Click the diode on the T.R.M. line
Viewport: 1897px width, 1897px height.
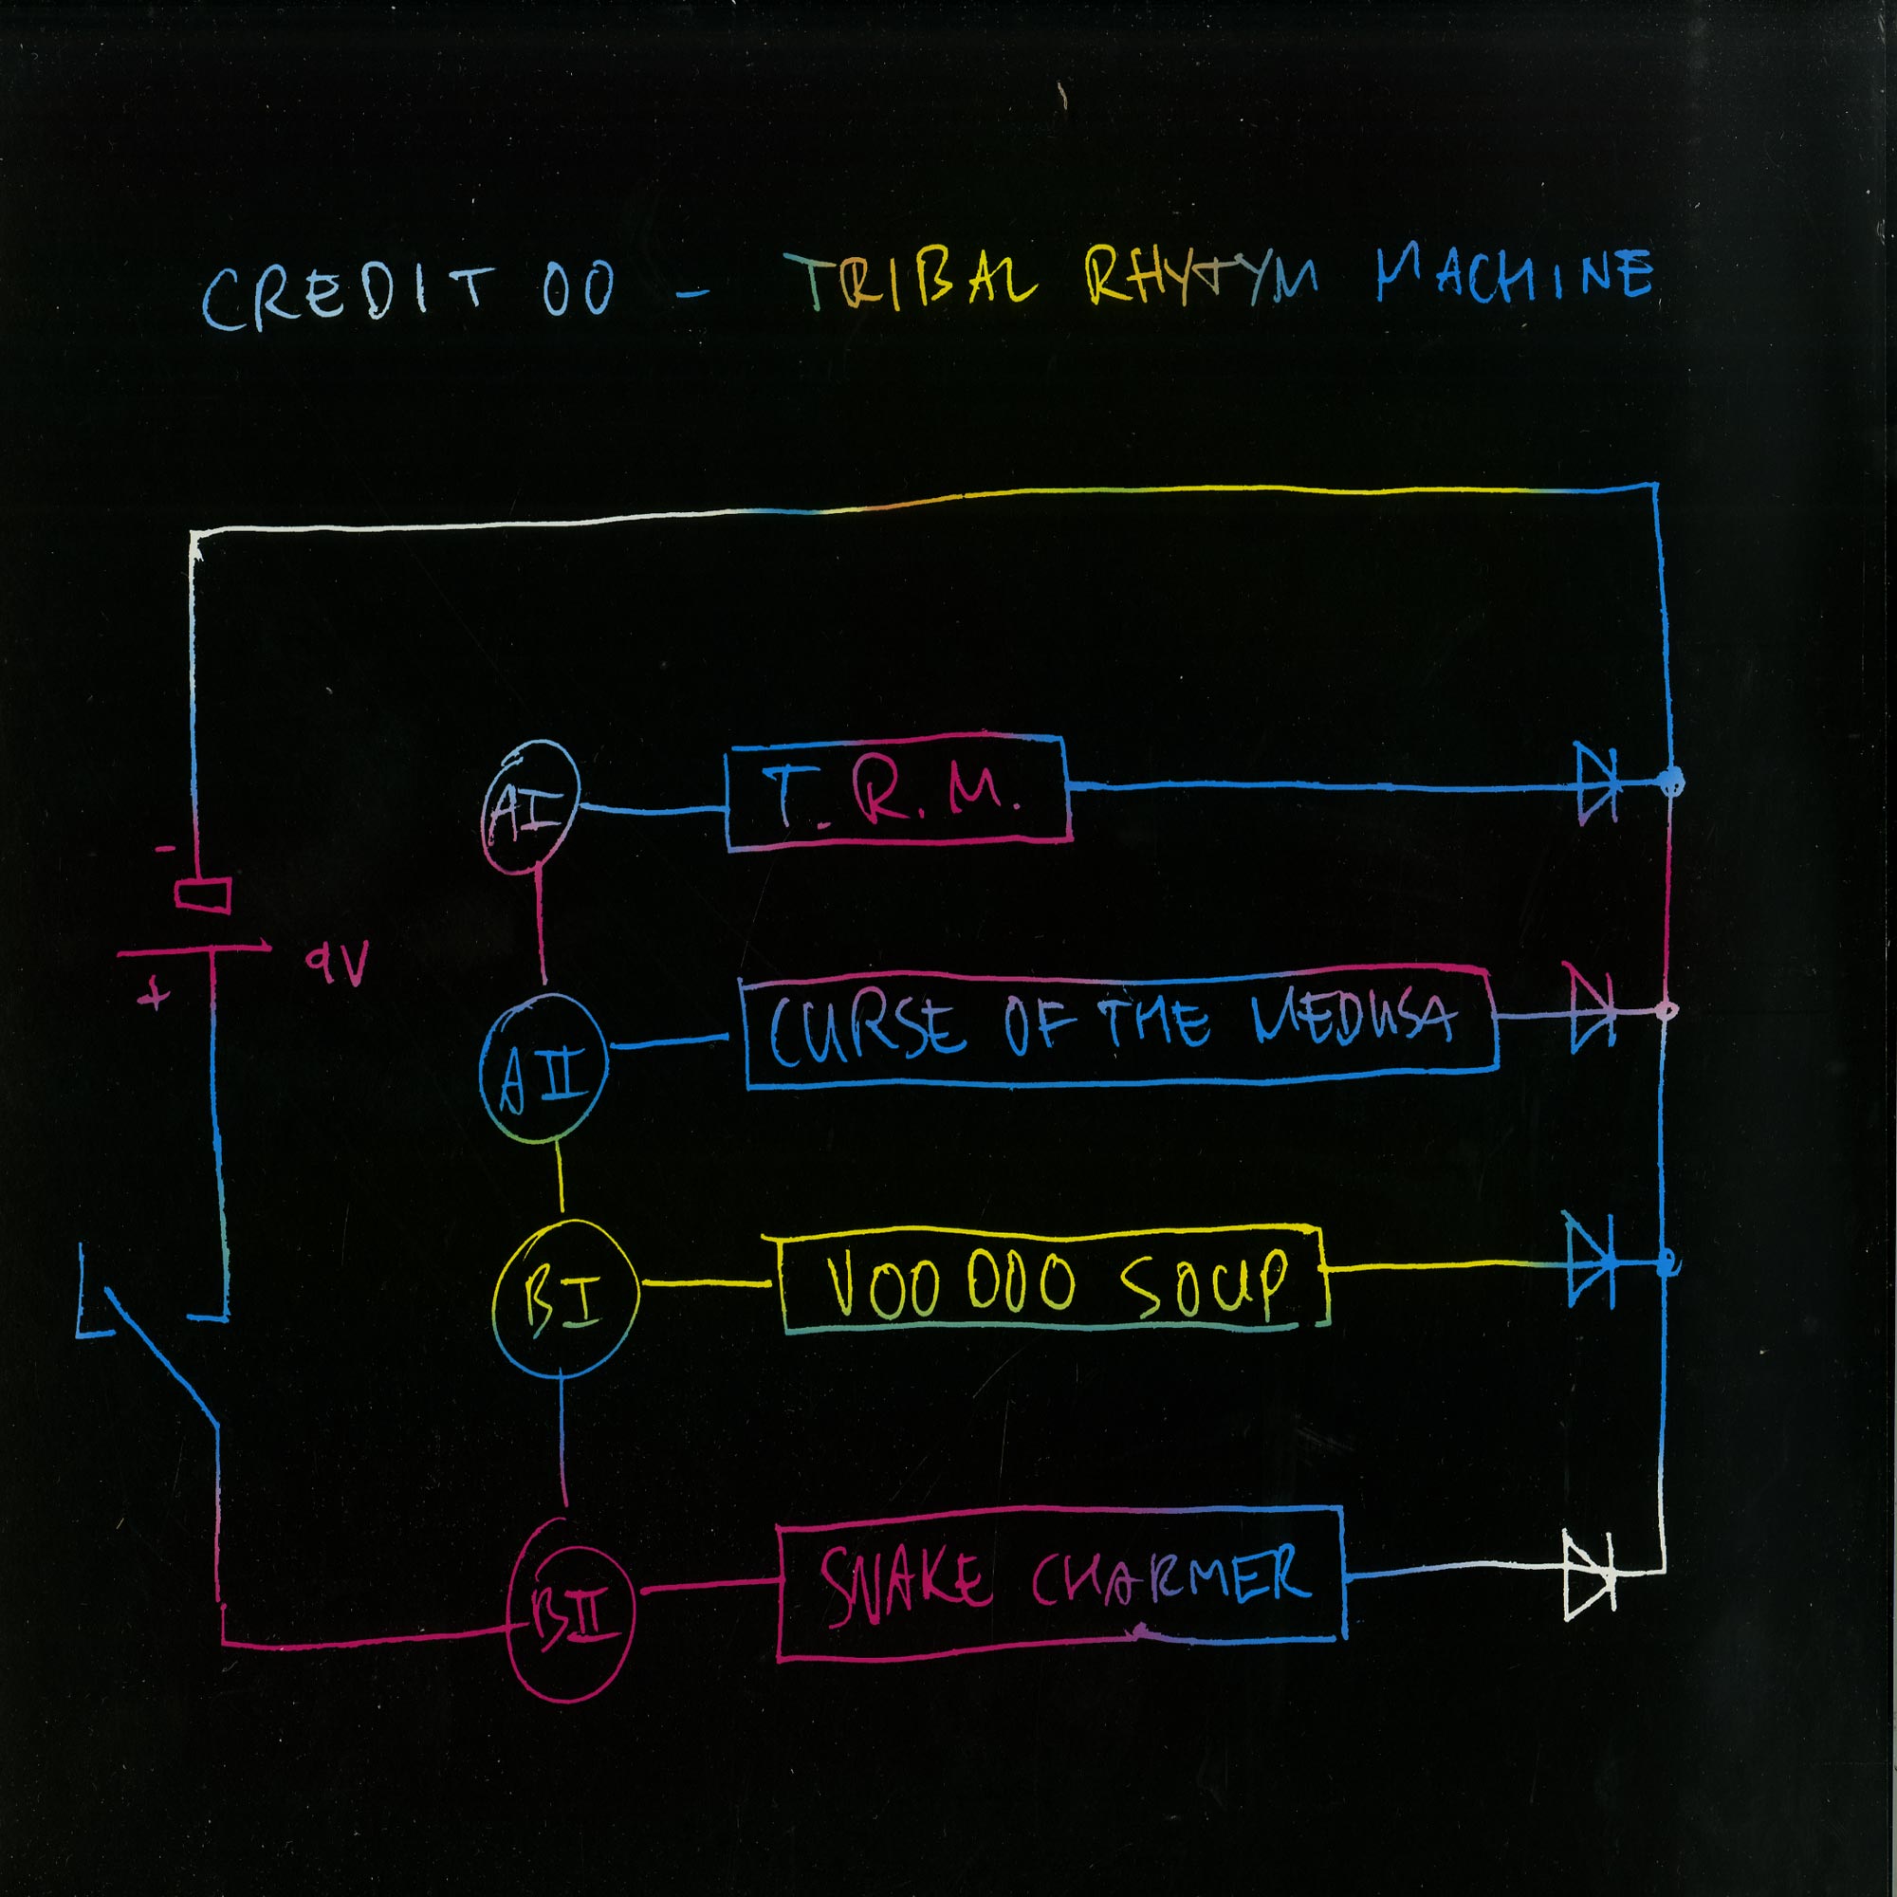tap(1596, 783)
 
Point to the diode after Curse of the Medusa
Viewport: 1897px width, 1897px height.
tap(1592, 1008)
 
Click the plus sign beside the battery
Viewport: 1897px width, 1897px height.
tap(153, 996)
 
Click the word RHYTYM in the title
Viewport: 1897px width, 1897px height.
tap(1202, 277)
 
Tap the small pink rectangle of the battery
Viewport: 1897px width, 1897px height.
tap(202, 894)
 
